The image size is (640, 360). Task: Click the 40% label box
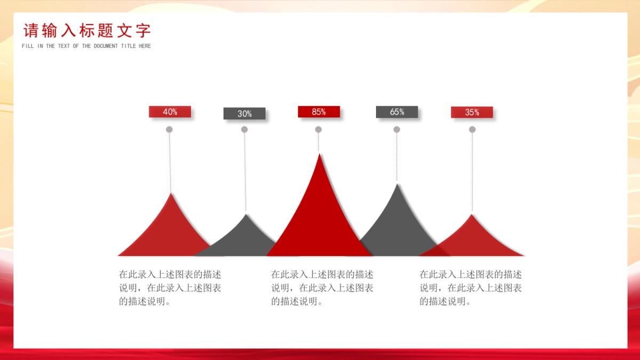click(170, 111)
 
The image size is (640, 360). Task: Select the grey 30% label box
click(244, 114)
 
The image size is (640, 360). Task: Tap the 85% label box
click(319, 111)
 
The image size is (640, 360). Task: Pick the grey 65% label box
click(397, 111)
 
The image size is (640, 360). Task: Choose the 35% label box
click(471, 113)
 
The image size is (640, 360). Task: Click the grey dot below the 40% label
click(169, 130)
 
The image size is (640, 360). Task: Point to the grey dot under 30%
click(244, 130)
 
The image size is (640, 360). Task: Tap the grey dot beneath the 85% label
click(318, 130)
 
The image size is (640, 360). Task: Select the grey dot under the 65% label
click(397, 130)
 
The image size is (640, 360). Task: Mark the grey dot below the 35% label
click(472, 130)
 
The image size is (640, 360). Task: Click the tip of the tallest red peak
click(319, 154)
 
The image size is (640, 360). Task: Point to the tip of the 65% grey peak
click(397, 184)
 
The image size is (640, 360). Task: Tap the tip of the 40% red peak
click(171, 194)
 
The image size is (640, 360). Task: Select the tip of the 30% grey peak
click(246, 214)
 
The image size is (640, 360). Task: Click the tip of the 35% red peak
click(471, 214)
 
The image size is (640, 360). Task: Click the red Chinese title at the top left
click(87, 30)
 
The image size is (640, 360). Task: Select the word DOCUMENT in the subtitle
click(106, 46)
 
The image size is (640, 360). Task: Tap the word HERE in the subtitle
click(145, 46)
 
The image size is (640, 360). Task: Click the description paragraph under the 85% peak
click(322, 287)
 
